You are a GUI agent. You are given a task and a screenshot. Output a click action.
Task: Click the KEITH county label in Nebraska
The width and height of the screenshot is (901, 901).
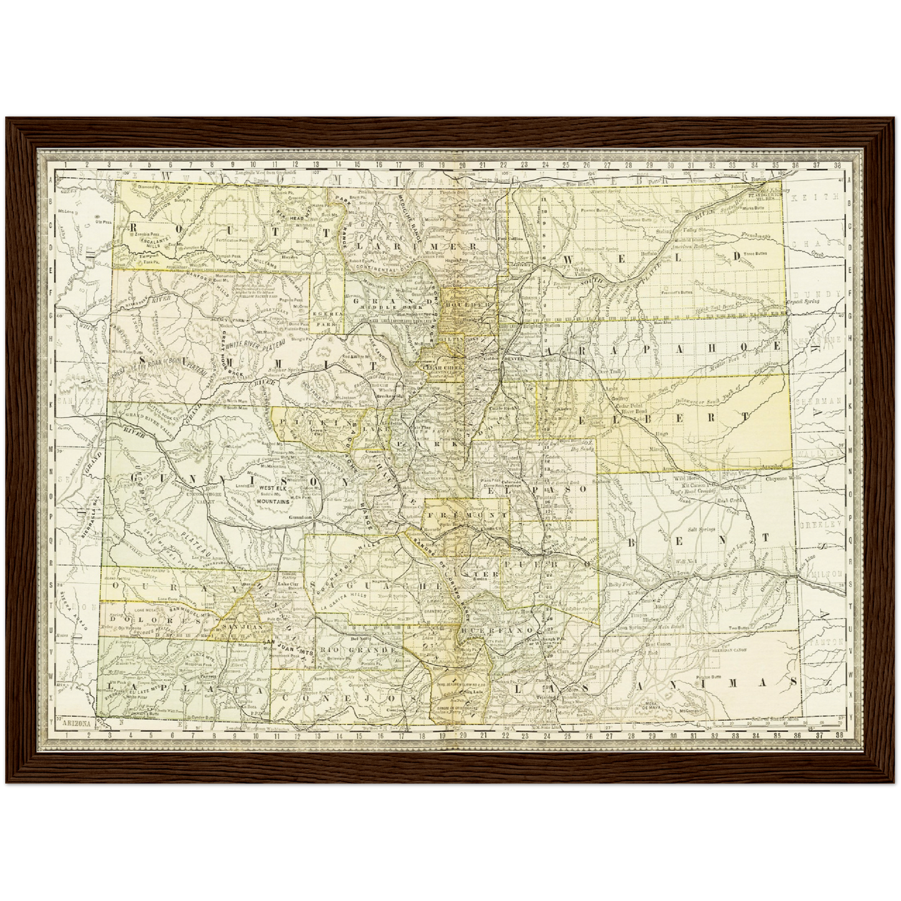(817, 197)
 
